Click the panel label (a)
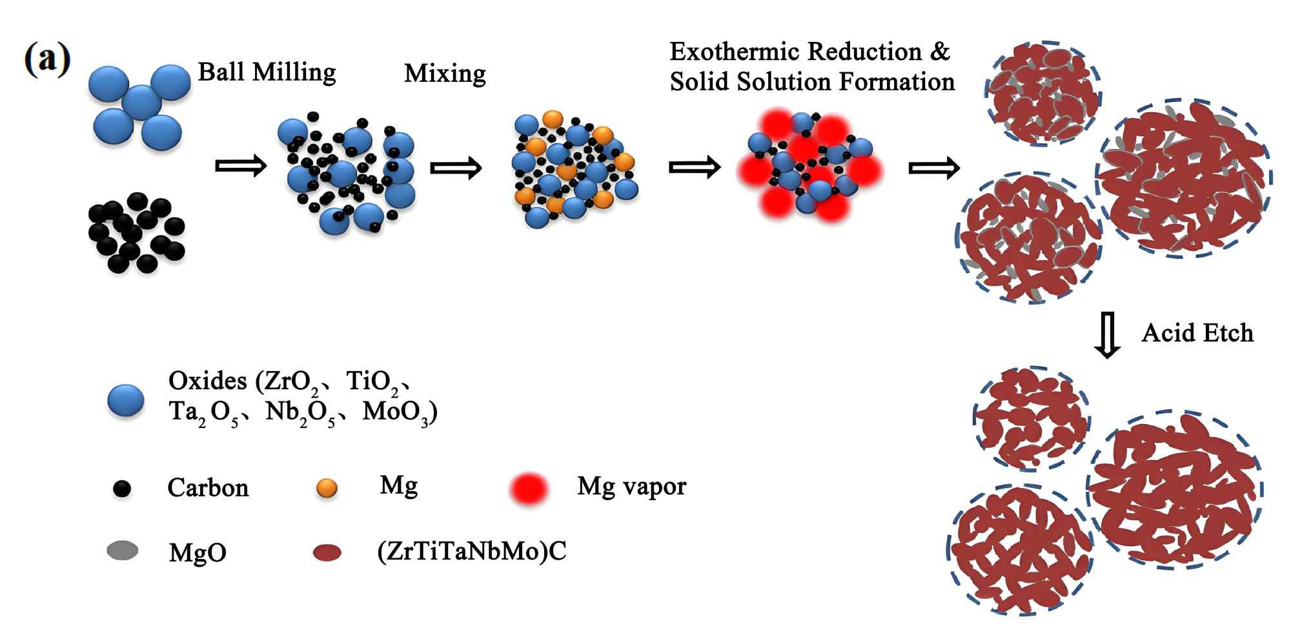[47, 59]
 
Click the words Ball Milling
[267, 72]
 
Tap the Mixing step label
[445, 74]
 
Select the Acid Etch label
[1197, 333]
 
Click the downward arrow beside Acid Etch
[1108, 335]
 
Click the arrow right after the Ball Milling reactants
[240, 166]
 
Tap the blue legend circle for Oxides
[126, 400]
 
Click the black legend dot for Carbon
[122, 489]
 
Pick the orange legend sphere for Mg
[327, 488]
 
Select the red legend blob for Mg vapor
[529, 489]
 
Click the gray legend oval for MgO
[123, 551]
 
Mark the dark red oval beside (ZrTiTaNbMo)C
[327, 552]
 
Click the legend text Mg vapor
[631, 486]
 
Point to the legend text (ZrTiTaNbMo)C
[471, 551]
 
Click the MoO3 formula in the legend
[396, 412]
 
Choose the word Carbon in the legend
[208, 488]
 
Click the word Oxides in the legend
[208, 381]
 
